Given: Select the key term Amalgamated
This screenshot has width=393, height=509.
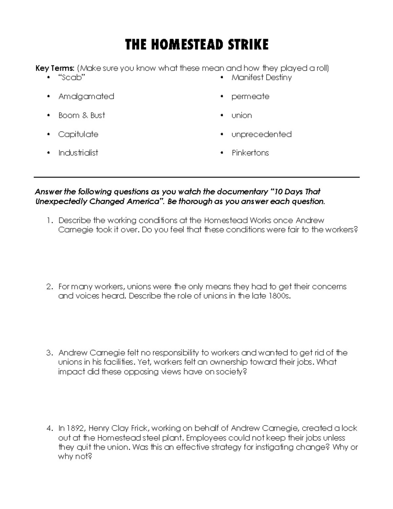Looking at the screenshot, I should [86, 96].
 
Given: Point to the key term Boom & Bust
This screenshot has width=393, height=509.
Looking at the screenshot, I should [82, 115].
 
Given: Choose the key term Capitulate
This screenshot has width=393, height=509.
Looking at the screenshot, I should [78, 134].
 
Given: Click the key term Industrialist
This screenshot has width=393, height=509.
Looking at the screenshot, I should [78, 153].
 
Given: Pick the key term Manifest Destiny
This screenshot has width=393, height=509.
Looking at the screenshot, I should [261, 78].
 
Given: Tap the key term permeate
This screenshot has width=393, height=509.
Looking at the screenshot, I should [250, 96].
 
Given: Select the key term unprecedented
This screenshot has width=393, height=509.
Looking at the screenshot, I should [261, 134].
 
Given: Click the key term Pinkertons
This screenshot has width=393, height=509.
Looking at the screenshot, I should [250, 153].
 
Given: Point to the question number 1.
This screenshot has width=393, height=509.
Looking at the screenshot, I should [49, 221].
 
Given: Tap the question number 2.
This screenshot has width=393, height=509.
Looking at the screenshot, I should [49, 287].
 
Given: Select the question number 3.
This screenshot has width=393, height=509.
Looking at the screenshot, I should [49, 353].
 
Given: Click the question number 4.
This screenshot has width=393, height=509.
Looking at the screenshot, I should [49, 428].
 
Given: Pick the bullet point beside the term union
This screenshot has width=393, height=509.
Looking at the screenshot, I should [222, 115].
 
